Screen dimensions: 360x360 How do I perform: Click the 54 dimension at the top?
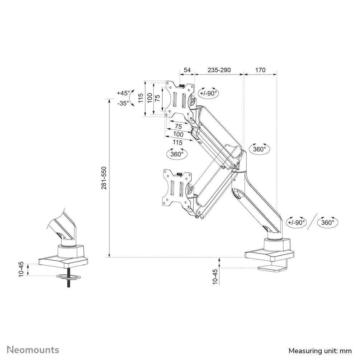point(187,70)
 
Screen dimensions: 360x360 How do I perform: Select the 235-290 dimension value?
point(219,70)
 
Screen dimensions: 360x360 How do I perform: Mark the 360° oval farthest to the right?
point(328,222)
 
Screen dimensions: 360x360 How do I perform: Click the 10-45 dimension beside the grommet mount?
point(22,269)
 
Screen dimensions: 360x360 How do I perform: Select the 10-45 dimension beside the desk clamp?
point(215,276)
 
